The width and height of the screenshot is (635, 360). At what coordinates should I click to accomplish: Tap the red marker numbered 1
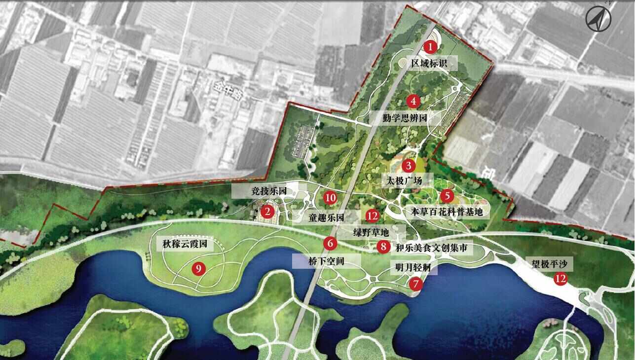430,47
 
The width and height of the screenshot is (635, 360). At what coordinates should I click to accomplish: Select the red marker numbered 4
413,102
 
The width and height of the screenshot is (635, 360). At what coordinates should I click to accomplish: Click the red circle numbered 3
409,166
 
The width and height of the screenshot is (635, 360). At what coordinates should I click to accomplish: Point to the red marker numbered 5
447,196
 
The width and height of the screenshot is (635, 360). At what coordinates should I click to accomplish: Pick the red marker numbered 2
267,212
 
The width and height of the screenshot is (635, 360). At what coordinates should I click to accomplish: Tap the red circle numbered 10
330,198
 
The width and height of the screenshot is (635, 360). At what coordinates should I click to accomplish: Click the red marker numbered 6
330,243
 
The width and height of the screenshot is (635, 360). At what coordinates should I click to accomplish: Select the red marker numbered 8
383,247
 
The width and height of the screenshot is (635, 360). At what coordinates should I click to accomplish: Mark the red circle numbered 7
416,284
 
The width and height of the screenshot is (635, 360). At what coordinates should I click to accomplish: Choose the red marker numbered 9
198,269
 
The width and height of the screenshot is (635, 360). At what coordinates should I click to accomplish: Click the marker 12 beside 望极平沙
560,279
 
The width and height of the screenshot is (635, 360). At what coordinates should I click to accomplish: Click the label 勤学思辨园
404,118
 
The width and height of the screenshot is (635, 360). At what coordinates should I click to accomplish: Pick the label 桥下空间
326,261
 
